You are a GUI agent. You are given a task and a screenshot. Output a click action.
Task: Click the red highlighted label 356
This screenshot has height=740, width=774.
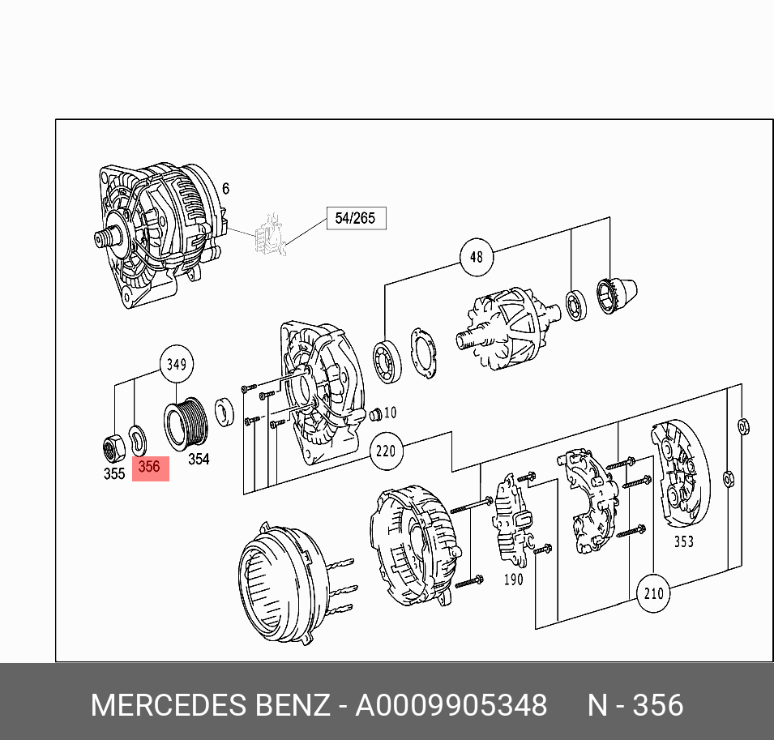pos(150,468)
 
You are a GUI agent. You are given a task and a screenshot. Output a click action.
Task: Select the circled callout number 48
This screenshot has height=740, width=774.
pos(476,258)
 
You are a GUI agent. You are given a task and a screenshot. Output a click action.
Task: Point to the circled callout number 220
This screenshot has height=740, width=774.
pos(386,450)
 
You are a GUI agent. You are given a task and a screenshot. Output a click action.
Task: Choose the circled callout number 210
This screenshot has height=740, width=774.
pos(653,593)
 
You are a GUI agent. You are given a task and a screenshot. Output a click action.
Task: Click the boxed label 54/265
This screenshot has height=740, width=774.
pos(356,218)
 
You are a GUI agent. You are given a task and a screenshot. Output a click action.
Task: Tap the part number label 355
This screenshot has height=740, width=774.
pos(114,474)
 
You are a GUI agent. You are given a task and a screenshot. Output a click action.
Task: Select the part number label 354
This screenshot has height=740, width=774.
pos(199,460)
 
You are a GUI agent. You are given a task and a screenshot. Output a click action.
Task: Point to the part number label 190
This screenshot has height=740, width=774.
pos(513,580)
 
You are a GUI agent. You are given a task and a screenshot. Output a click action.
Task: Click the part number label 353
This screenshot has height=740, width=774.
pos(684,541)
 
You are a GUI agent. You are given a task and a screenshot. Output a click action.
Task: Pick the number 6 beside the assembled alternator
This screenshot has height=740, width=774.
pos(226,189)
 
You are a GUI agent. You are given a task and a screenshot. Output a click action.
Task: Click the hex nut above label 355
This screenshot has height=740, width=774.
pos(113,445)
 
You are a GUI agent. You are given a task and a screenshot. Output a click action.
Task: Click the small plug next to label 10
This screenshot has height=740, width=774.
pos(375,415)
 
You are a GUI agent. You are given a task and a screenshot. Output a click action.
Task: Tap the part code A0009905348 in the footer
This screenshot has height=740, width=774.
pos(451,705)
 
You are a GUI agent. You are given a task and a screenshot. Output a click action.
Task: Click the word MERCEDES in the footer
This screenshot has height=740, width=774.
pos(169,705)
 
